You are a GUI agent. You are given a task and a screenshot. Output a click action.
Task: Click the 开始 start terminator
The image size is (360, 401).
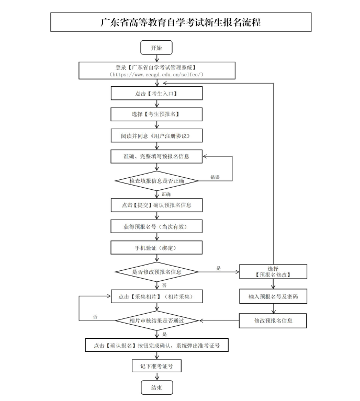pyautogui.click(x=156, y=48)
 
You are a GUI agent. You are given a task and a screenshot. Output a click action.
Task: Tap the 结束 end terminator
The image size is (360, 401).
pyautogui.click(x=156, y=387)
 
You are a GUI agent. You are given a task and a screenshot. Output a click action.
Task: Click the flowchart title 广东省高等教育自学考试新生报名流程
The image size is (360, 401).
pyautogui.click(x=181, y=22)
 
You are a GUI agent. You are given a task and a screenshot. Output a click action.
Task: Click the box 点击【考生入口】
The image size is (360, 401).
pyautogui.click(x=156, y=93)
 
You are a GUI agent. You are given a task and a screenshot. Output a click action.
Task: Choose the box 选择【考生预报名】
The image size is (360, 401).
pyautogui.click(x=156, y=114)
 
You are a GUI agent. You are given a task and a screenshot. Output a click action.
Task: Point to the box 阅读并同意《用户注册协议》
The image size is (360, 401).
pyautogui.click(x=156, y=135)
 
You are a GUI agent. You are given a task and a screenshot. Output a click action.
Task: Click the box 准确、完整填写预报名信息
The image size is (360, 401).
pyautogui.click(x=156, y=156)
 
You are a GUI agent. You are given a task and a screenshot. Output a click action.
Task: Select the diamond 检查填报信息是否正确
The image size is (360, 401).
pyautogui.click(x=156, y=181)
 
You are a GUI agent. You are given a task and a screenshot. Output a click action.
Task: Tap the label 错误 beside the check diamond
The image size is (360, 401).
pyautogui.click(x=215, y=177)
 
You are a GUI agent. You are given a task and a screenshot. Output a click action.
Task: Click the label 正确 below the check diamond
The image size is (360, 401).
pyautogui.click(x=166, y=194)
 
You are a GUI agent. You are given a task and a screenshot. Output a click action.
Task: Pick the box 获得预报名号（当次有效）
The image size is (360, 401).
pyautogui.click(x=156, y=226)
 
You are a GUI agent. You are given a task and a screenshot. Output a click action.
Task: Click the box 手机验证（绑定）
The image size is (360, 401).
pyautogui.click(x=156, y=247)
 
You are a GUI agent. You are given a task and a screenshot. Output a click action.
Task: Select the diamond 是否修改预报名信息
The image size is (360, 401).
pyautogui.click(x=156, y=272)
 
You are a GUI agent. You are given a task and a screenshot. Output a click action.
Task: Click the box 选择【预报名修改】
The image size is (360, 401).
pyautogui.click(x=273, y=271)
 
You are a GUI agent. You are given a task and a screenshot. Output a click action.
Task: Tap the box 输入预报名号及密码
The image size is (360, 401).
pyautogui.click(x=273, y=296)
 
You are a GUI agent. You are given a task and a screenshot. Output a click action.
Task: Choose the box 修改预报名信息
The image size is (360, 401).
pyautogui.click(x=273, y=320)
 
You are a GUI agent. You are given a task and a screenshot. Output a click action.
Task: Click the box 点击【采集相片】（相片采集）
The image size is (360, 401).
pyautogui.click(x=156, y=296)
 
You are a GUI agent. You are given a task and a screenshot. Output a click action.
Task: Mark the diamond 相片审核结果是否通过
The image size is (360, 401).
pyautogui.click(x=156, y=320)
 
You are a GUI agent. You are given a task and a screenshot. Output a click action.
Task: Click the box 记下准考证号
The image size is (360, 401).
pyautogui.click(x=156, y=366)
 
